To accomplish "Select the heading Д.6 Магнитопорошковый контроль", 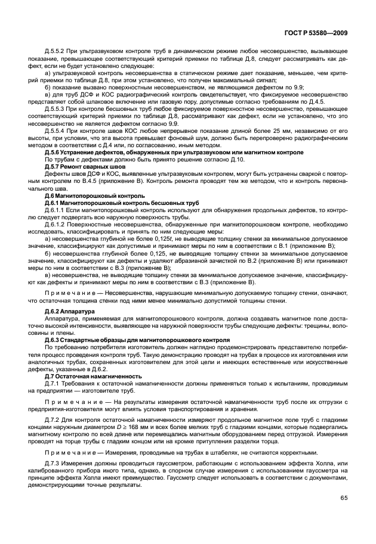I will tap(86, 196).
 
